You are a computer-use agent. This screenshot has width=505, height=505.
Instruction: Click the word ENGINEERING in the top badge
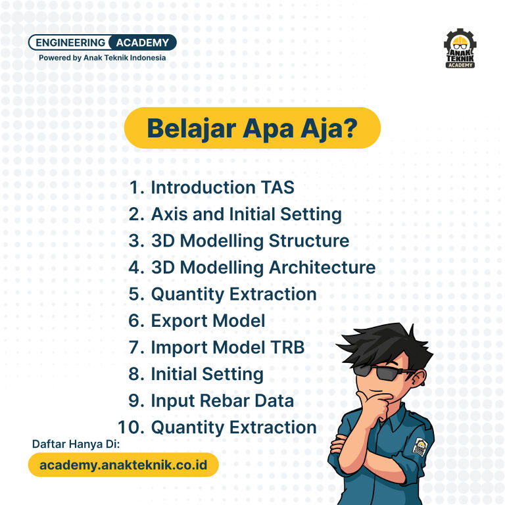click(x=70, y=43)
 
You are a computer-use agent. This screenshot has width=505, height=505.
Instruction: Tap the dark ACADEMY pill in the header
click(x=142, y=43)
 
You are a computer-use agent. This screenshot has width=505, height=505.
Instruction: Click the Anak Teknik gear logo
click(x=460, y=48)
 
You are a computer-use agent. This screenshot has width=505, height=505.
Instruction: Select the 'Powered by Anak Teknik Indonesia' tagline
click(x=103, y=58)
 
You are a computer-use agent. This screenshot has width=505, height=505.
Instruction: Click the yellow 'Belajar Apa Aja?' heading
click(x=252, y=128)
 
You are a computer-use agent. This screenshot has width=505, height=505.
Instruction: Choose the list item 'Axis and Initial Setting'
click(x=247, y=214)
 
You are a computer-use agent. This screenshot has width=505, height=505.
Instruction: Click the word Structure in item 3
click(x=309, y=241)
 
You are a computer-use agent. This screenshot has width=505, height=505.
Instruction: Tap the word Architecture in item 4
click(x=322, y=268)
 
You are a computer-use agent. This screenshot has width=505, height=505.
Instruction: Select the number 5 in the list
click(x=133, y=295)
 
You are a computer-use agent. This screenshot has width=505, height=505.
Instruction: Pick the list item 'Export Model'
click(x=208, y=321)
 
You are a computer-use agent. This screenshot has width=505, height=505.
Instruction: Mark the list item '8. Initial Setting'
click(x=196, y=375)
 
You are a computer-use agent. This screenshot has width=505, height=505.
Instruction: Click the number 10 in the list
click(x=131, y=427)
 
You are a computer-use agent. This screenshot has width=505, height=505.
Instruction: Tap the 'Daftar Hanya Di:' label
click(x=76, y=444)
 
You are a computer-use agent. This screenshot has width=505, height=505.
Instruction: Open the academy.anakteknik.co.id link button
click(x=124, y=465)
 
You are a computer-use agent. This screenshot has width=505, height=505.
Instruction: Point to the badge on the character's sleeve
click(x=420, y=446)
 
